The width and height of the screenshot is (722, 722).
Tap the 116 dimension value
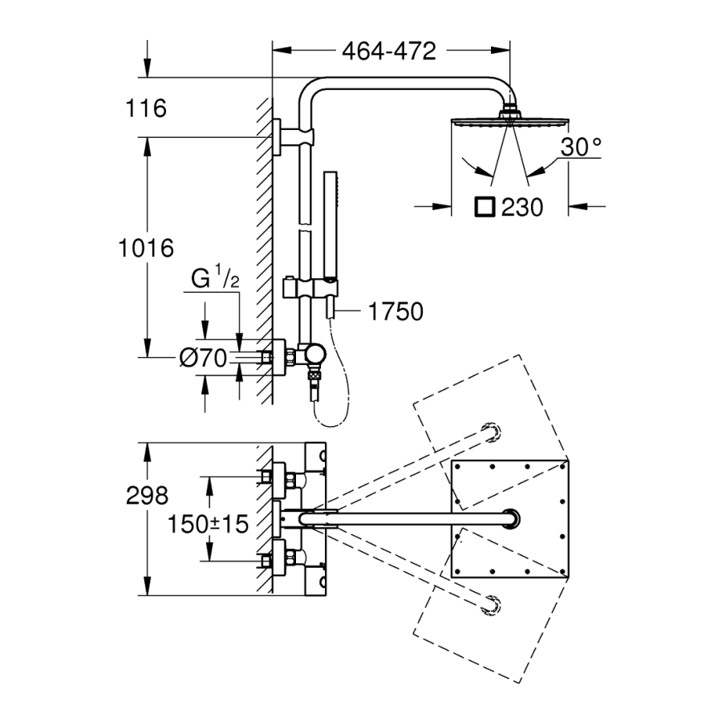pyautogui.click(x=146, y=107)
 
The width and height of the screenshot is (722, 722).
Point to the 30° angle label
pyautogui.click(x=581, y=147)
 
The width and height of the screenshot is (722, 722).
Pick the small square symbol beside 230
pyautogui.click(x=485, y=207)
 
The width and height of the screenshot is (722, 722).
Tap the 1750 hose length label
pyautogui.click(x=393, y=310)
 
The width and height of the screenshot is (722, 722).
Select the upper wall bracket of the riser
pyautogui.click(x=278, y=136)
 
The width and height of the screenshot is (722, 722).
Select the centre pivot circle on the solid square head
pyautogui.click(x=510, y=518)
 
